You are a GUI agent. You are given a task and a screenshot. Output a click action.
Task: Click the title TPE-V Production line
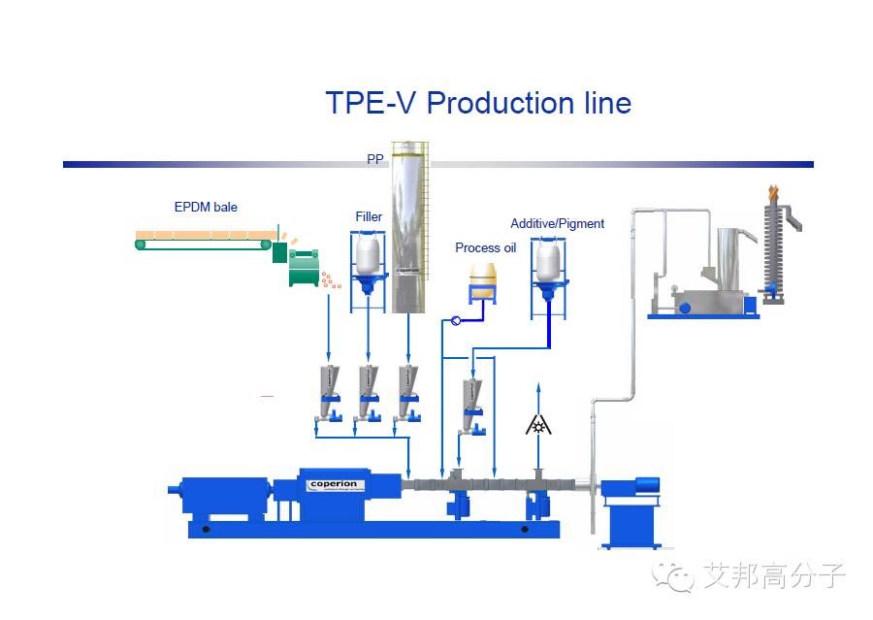tap(478, 103)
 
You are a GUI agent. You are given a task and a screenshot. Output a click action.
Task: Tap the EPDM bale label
tap(206, 207)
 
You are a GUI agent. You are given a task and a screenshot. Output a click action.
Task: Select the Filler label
tap(369, 216)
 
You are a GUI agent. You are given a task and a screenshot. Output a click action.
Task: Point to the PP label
tap(375, 159)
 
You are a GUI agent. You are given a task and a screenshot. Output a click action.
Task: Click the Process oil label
tap(485, 248)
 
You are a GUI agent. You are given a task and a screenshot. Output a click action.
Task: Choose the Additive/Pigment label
tap(557, 224)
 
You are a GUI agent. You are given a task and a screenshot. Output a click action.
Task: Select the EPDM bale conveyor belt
tap(204, 240)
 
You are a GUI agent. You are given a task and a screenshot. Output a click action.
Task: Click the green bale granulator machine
tap(304, 266)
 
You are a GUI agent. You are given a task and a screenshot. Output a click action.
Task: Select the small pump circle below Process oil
tap(456, 321)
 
